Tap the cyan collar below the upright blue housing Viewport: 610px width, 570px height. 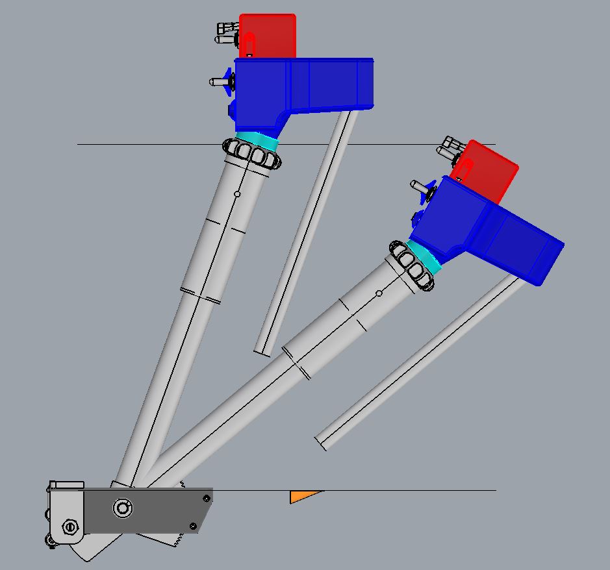257,140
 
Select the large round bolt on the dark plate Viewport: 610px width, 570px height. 122,508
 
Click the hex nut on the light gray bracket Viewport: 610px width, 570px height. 69,527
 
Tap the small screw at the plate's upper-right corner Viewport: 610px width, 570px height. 207,499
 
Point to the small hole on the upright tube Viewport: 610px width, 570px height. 237,193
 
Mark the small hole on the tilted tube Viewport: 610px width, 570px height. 379,293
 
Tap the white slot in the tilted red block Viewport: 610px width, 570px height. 464,170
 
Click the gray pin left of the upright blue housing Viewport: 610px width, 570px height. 217,82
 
